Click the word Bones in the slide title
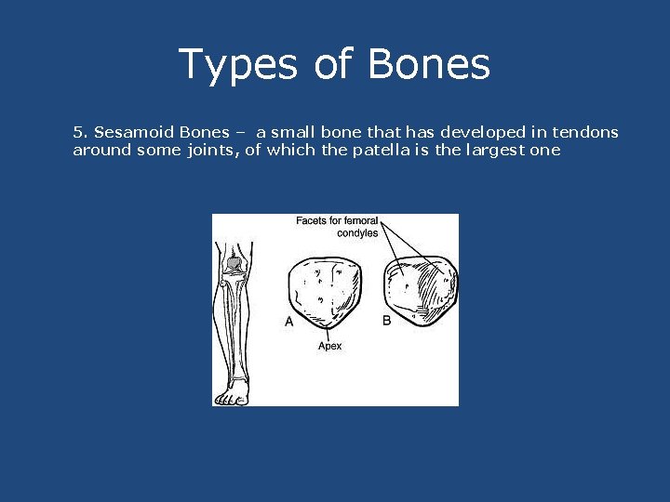[429, 65]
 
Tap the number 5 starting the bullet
[78, 132]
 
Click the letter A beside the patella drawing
[288, 322]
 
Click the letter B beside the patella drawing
[387, 321]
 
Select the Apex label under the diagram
[329, 346]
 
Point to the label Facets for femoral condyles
[338, 227]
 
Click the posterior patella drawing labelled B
[421, 290]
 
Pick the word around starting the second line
[101, 150]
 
